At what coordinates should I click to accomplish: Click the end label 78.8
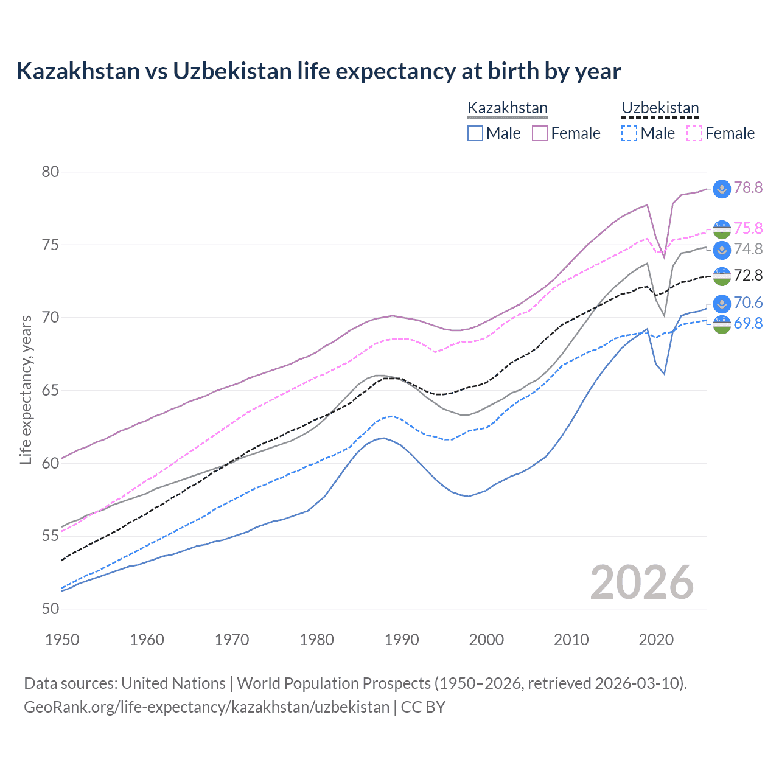(748, 188)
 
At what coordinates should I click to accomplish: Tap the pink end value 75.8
(748, 228)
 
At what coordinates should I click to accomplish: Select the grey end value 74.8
(748, 249)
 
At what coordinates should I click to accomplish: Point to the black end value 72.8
(748, 276)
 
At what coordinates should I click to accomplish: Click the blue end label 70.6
(748, 303)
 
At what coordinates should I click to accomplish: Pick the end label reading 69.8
(748, 324)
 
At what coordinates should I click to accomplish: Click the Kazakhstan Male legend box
(475, 133)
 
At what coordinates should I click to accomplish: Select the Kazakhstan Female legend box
(540, 133)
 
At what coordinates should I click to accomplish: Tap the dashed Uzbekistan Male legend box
(629, 133)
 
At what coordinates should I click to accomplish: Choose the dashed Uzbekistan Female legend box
(694, 133)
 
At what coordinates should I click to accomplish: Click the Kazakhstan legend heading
(508, 108)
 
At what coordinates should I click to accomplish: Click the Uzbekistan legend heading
(660, 108)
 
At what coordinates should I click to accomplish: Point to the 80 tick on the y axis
(51, 172)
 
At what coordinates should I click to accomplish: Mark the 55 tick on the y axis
(51, 536)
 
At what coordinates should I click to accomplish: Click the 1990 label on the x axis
(402, 640)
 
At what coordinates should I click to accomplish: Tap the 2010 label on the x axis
(571, 640)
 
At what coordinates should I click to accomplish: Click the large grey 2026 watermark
(642, 583)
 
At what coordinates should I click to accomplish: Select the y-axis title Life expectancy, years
(26, 389)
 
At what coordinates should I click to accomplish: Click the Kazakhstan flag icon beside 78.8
(722, 189)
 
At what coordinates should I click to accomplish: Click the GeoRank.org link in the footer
(206, 707)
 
